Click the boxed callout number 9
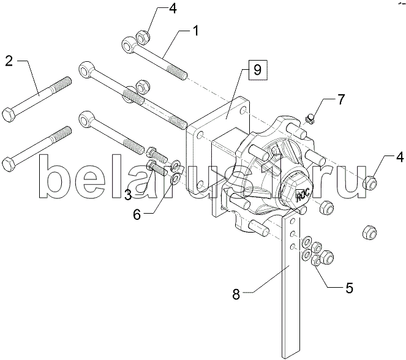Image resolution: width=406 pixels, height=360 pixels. pyautogui.click(x=257, y=70)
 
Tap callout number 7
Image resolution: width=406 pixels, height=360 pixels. pyautogui.click(x=340, y=99)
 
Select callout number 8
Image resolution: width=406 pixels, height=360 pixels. pyautogui.click(x=236, y=294)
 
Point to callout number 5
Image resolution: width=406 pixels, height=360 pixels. pyautogui.click(x=349, y=288)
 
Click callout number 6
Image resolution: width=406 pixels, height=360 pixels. pyautogui.click(x=137, y=214)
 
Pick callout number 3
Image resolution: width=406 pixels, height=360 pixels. pyautogui.click(x=128, y=195)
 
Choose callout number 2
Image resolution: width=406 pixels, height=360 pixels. pyautogui.click(x=9, y=61)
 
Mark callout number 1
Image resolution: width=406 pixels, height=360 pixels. pyautogui.click(x=196, y=31)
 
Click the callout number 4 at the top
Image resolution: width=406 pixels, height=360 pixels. pyautogui.click(x=173, y=9)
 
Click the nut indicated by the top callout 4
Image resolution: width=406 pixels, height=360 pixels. pyautogui.click(x=142, y=37)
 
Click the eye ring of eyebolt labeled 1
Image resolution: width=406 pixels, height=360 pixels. pyautogui.click(x=129, y=45)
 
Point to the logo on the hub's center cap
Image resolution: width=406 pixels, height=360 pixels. pyautogui.click(x=301, y=193)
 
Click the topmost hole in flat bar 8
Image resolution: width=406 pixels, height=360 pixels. pyautogui.click(x=293, y=221)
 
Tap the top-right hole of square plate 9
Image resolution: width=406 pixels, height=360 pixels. pyautogui.click(x=243, y=111)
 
